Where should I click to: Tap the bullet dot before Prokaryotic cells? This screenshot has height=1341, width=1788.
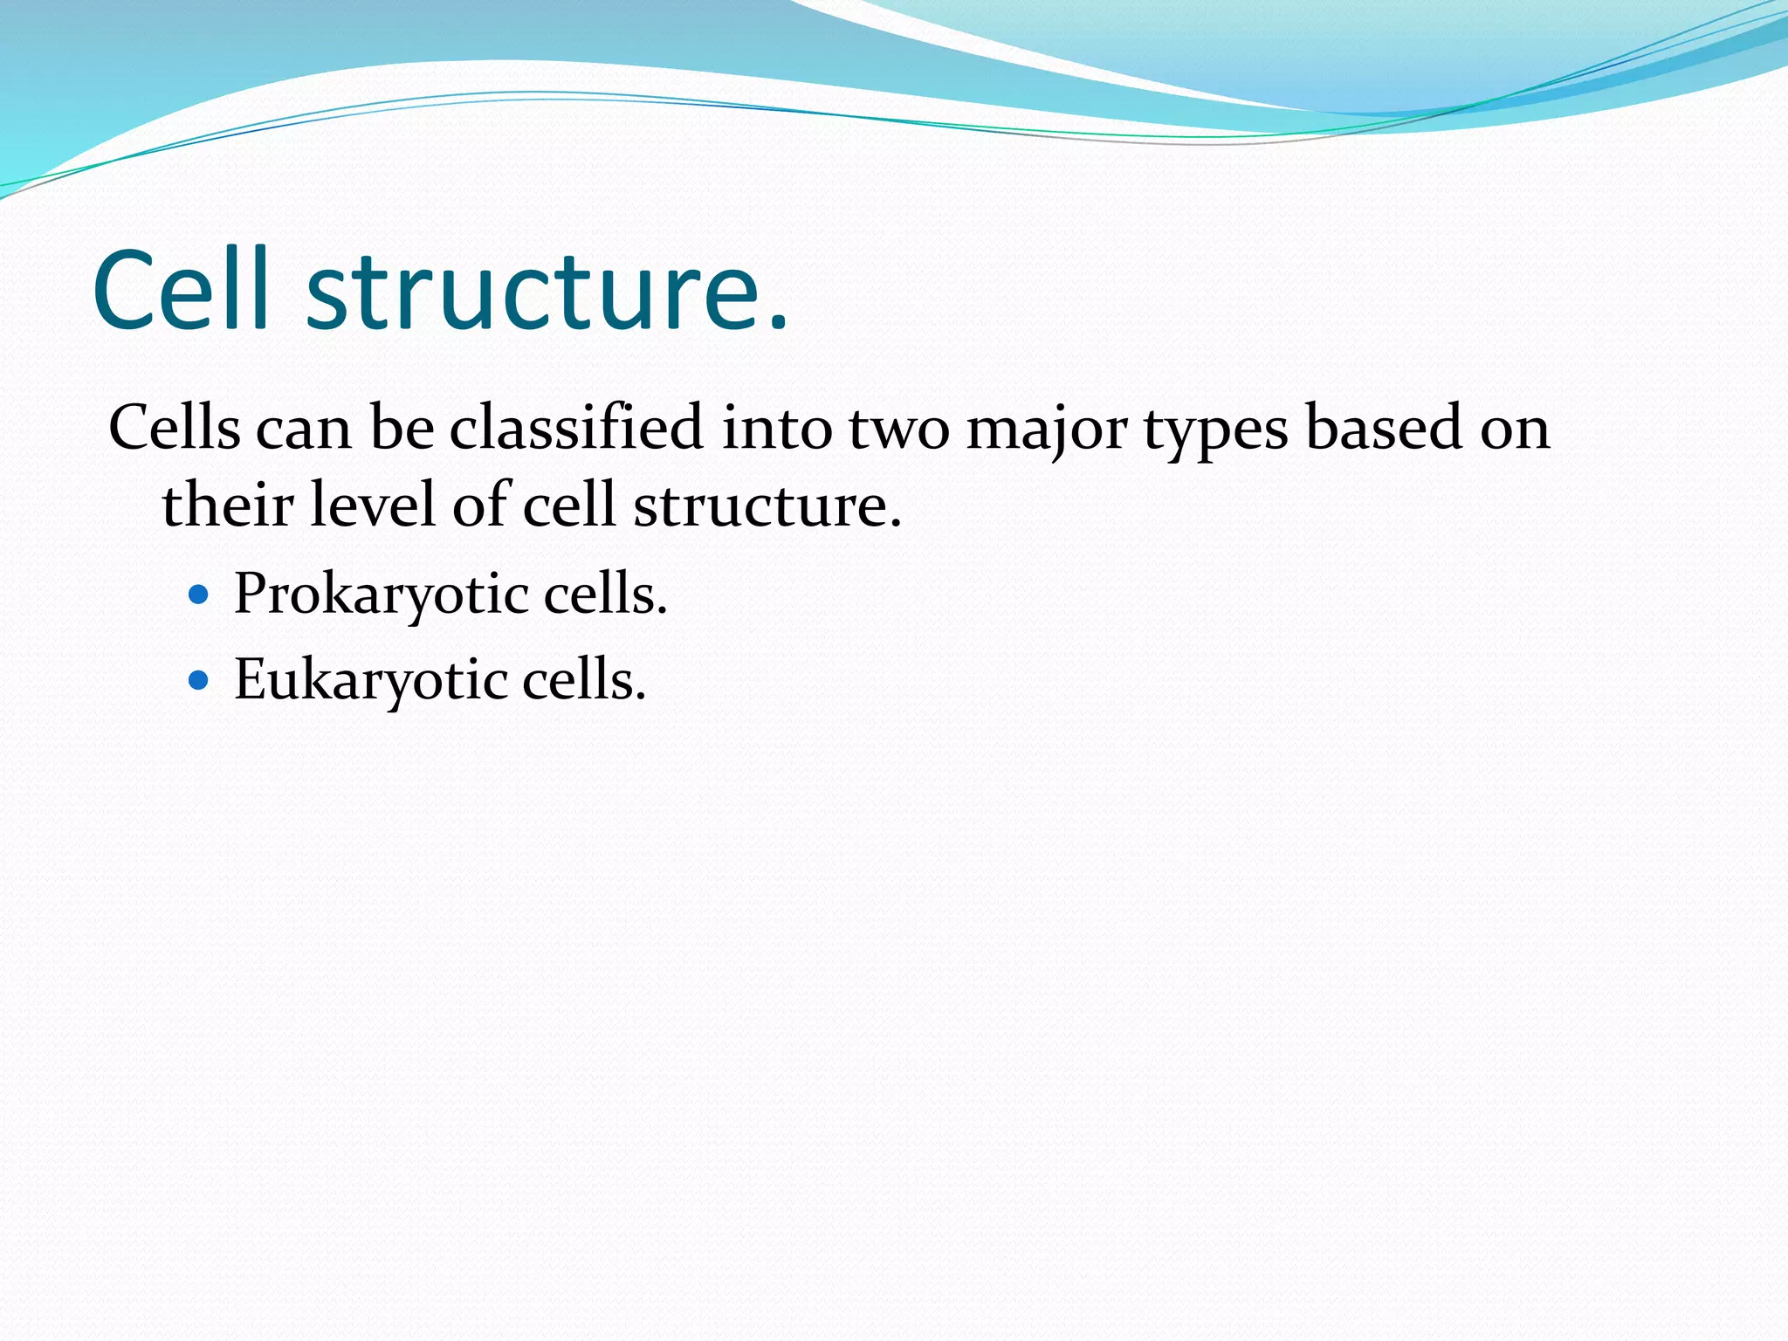pos(199,595)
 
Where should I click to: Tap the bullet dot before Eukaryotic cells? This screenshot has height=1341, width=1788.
pos(199,680)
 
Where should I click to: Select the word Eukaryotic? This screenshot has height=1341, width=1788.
pos(371,680)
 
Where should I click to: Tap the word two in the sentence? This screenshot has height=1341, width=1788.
pos(898,430)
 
